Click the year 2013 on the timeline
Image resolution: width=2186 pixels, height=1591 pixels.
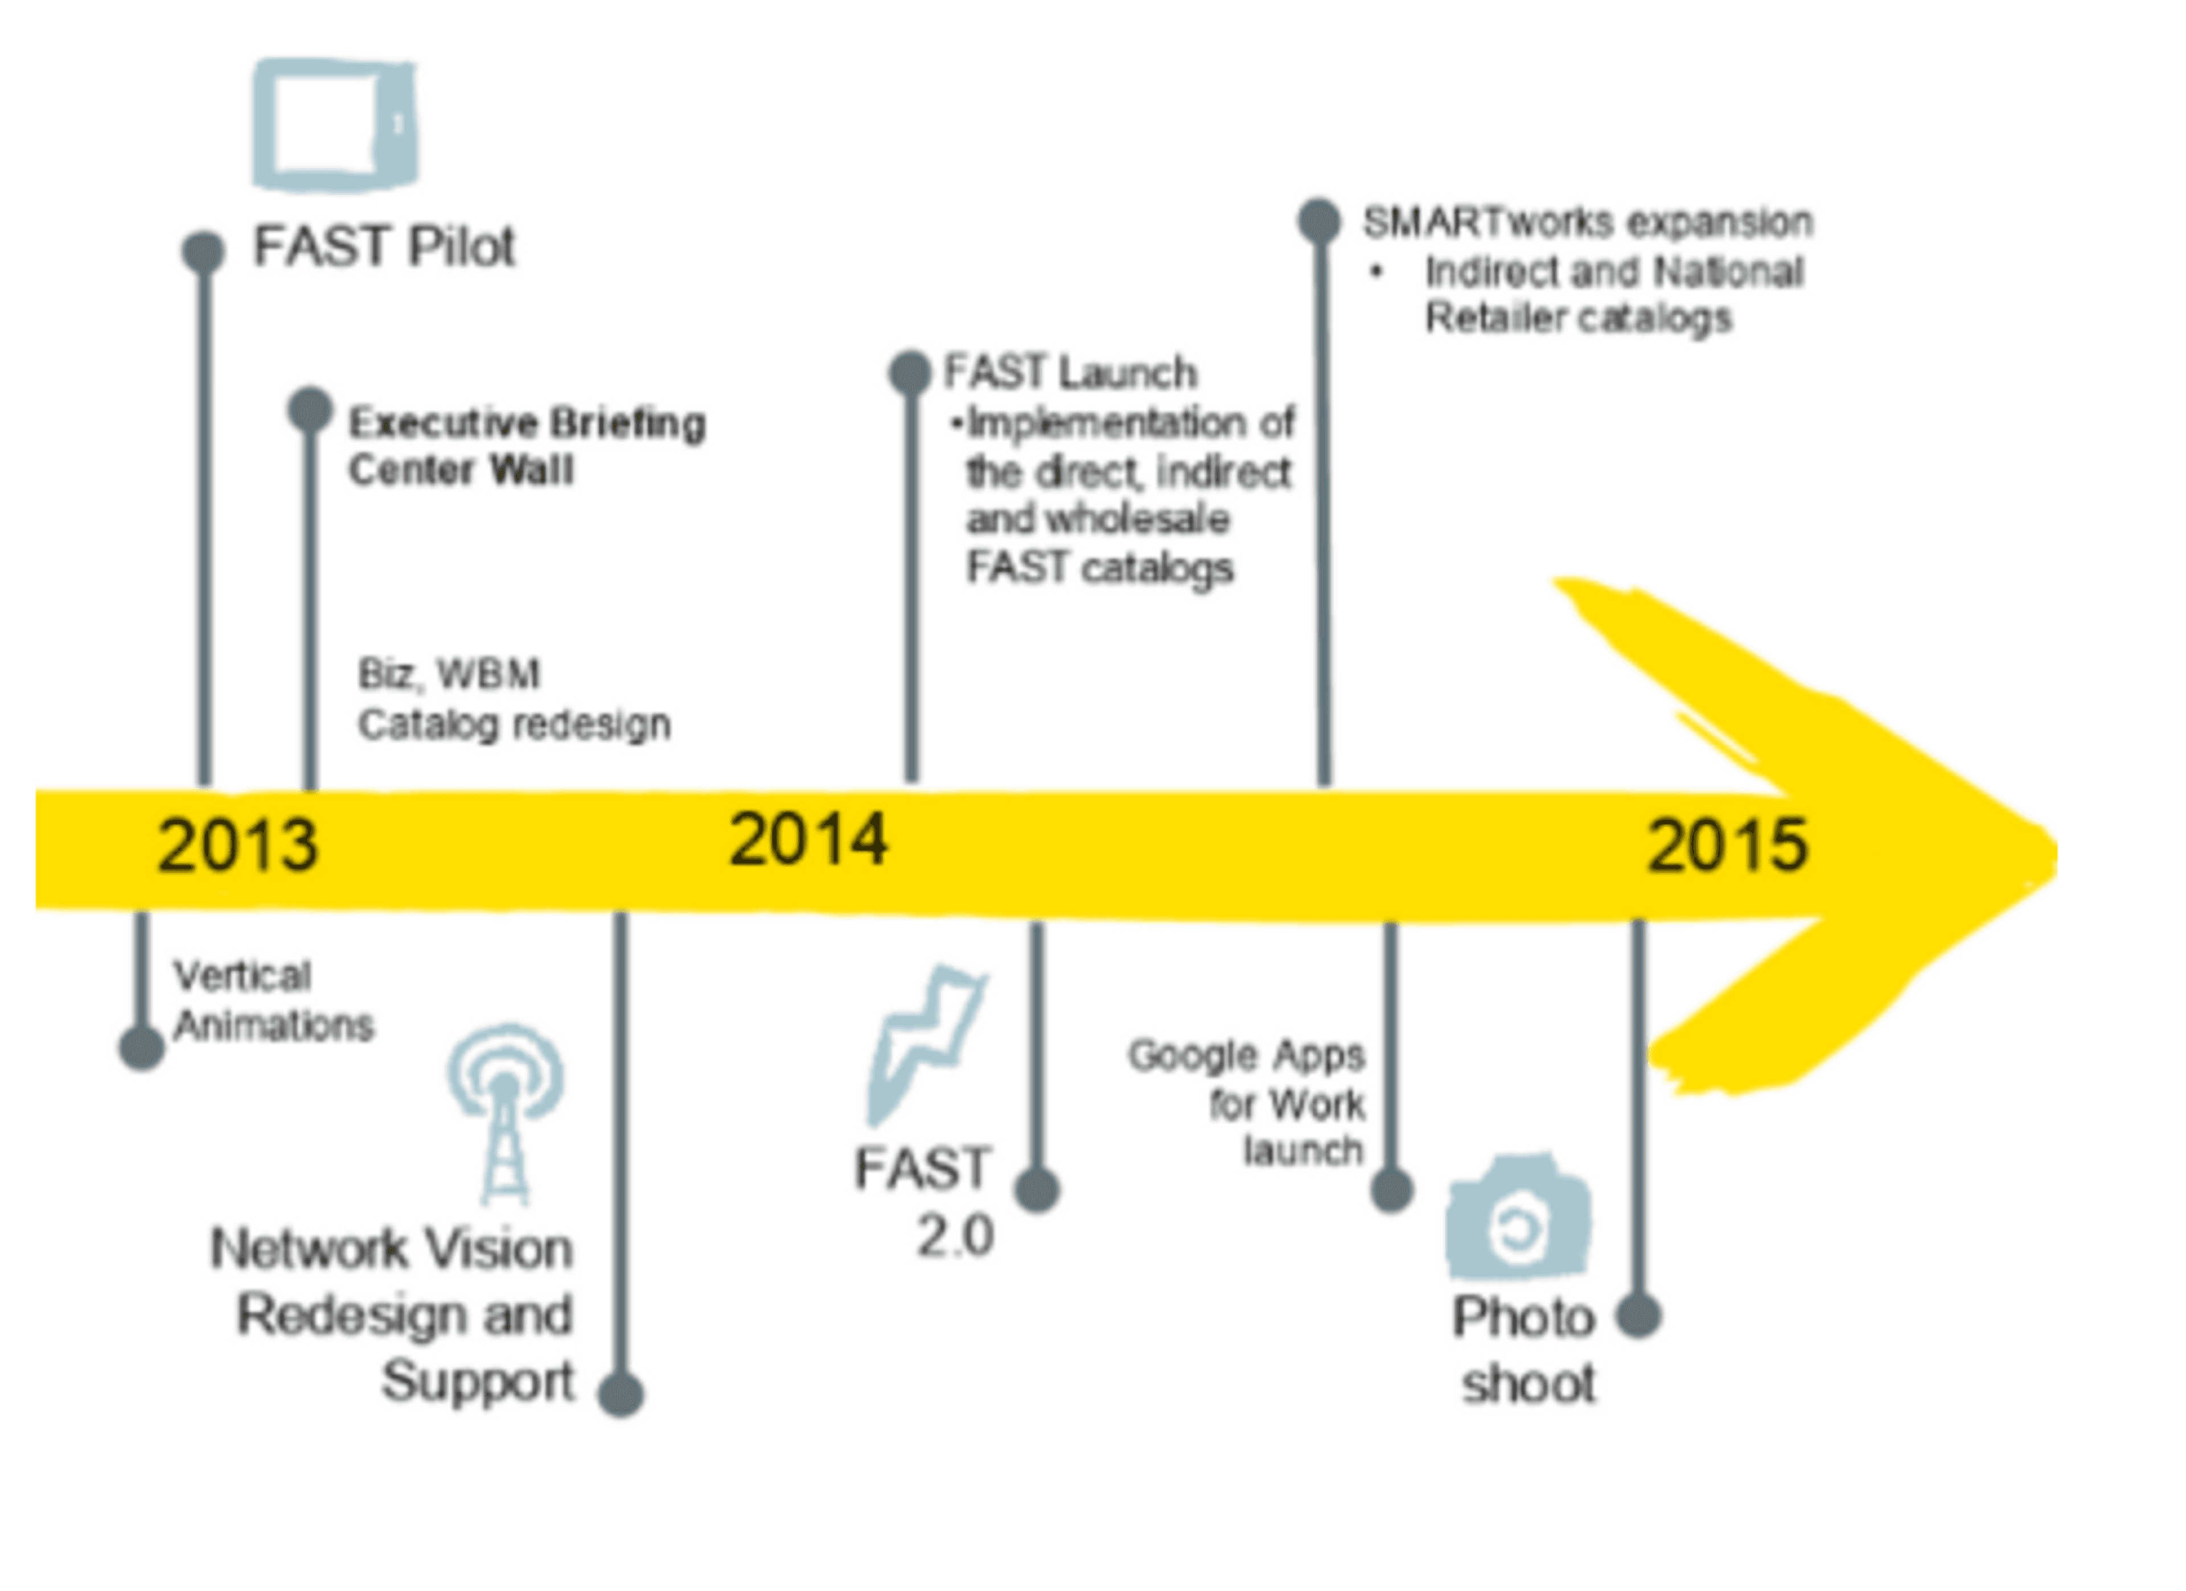(237, 845)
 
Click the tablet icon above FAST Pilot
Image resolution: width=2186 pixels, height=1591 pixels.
(335, 123)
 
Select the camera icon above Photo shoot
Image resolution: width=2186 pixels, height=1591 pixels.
(1518, 1216)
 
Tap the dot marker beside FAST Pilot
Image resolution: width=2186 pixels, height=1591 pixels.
(203, 252)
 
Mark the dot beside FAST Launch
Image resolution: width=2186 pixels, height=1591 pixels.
(909, 372)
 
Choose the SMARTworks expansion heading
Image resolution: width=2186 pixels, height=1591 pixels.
(1588, 222)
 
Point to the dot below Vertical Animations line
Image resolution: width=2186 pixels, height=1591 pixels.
(142, 1048)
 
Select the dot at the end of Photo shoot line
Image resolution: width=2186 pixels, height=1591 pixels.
(1638, 1316)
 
